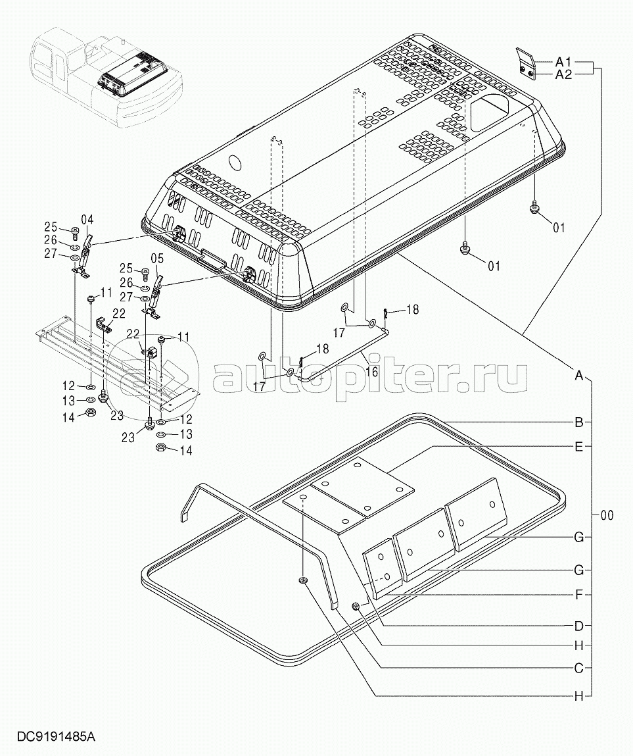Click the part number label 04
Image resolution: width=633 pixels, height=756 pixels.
pyautogui.click(x=87, y=220)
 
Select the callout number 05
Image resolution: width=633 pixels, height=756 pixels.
pyautogui.click(x=157, y=258)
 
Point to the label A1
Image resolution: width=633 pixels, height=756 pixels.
pyautogui.click(x=563, y=62)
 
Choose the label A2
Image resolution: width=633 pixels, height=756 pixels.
pyautogui.click(x=563, y=74)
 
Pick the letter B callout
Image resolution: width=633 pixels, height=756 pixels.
pyautogui.click(x=579, y=422)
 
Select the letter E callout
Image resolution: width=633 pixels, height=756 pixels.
pyautogui.click(x=579, y=447)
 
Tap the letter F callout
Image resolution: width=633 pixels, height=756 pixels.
pyautogui.click(x=579, y=595)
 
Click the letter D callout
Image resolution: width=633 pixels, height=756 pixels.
pyautogui.click(x=579, y=624)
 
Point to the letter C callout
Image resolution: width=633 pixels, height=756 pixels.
pyautogui.click(x=579, y=668)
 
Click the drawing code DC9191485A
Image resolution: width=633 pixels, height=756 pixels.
pyautogui.click(x=52, y=736)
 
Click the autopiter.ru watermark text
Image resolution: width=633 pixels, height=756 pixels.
pyautogui.click(x=368, y=376)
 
